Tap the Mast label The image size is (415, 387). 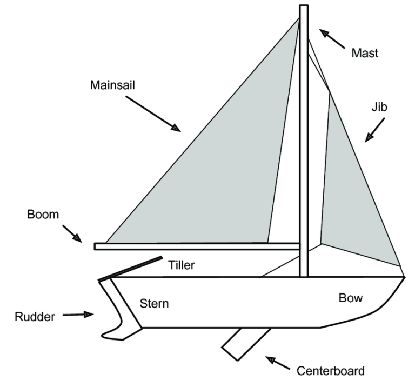pos(365,53)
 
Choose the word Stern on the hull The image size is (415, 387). pos(154,303)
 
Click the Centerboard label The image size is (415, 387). pos(330,371)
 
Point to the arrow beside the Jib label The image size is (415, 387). pos(375,130)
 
